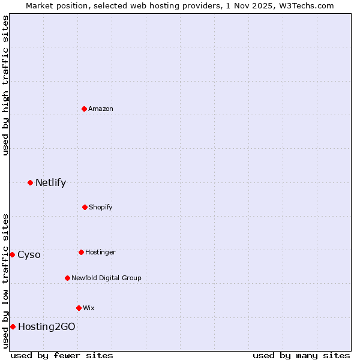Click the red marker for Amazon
[x=85, y=109]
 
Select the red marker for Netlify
[x=30, y=182]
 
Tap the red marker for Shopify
[x=85, y=207]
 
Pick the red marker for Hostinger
[x=81, y=252]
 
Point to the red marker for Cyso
[x=12, y=254]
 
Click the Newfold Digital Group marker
[x=67, y=278]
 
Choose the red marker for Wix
[x=79, y=308]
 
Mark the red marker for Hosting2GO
[x=13, y=326]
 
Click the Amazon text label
[x=101, y=109]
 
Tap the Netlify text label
[x=50, y=182]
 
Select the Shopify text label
[x=101, y=207]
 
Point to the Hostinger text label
[x=100, y=252]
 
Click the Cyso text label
[x=29, y=254]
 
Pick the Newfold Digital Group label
[x=106, y=278]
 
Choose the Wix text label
[x=89, y=308]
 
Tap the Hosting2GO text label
[x=47, y=326]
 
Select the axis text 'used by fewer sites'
[x=62, y=355]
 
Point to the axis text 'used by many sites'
[x=301, y=355]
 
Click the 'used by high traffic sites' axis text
[x=5, y=85]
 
